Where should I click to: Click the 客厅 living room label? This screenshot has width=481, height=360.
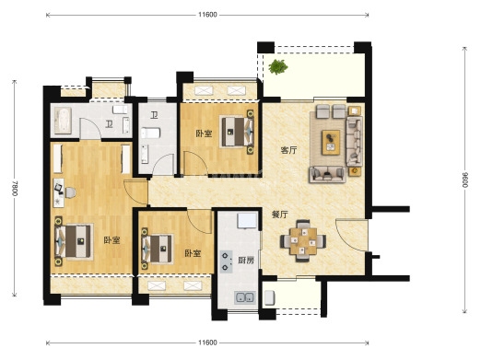click(x=289, y=150)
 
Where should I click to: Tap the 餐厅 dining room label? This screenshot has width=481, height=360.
click(x=280, y=215)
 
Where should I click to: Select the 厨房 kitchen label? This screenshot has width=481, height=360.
click(x=246, y=261)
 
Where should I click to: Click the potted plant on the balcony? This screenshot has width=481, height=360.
click(x=278, y=66)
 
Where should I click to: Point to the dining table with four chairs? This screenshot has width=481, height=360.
click(x=303, y=240)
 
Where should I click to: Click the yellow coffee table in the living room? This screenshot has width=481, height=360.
click(x=331, y=143)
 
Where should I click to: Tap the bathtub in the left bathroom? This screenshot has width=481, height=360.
click(x=63, y=121)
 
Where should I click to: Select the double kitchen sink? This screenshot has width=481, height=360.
click(x=245, y=297)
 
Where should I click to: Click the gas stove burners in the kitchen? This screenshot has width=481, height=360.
click(x=226, y=261)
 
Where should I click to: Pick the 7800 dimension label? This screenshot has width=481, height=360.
click(x=15, y=188)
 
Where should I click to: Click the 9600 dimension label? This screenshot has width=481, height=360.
click(x=465, y=180)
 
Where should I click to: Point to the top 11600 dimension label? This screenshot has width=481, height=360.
click(x=207, y=15)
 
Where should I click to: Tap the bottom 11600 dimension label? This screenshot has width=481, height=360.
click(x=207, y=343)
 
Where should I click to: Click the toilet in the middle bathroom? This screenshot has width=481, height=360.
click(x=150, y=134)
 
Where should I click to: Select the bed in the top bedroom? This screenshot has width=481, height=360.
click(x=238, y=132)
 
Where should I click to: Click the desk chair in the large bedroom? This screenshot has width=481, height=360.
click(x=70, y=192)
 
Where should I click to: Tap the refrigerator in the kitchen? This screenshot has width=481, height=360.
click(x=247, y=221)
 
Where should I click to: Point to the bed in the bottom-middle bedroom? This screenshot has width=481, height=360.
click(x=157, y=249)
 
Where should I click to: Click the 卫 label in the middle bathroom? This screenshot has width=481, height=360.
click(x=154, y=115)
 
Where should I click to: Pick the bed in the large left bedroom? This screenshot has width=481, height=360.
click(x=74, y=241)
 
